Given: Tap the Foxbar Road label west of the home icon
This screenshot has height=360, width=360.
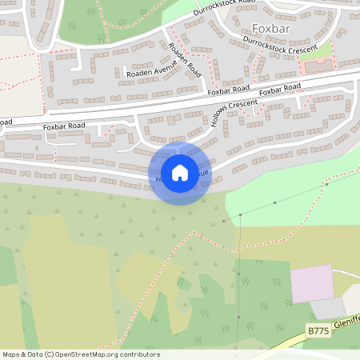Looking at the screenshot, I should [x=64, y=126].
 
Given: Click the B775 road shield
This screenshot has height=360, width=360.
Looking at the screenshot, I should [x=318, y=330].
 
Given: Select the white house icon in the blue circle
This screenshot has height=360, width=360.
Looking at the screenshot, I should [x=180, y=172].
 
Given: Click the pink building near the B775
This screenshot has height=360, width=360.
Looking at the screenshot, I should [x=312, y=283].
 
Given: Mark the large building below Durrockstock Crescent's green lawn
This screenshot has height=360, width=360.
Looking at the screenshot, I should [x=318, y=67].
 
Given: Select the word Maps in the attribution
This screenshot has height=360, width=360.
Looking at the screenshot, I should [x=12, y=354].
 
